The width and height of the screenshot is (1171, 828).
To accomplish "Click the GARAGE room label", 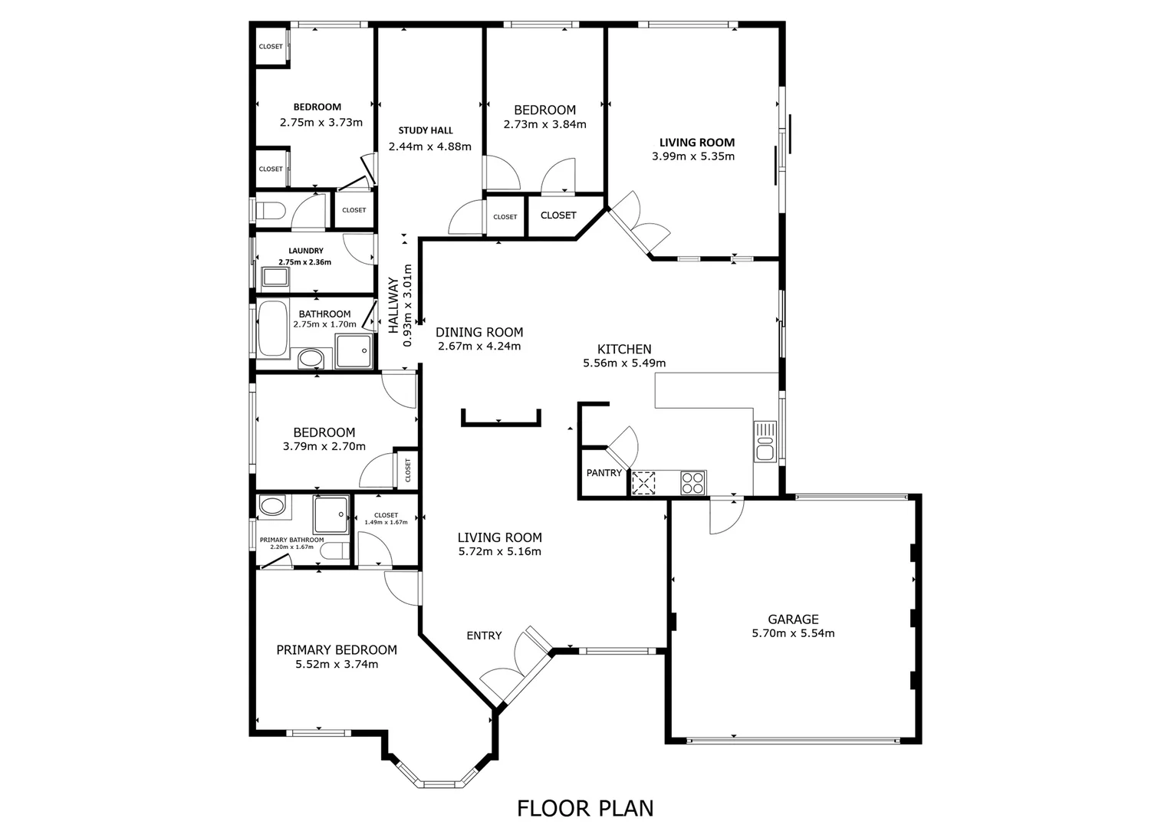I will [x=793, y=619].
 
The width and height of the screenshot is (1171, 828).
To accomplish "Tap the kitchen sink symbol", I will [x=765, y=442].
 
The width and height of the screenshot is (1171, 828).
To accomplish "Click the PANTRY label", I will [x=604, y=473].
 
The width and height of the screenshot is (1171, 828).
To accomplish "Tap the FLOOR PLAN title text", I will [x=585, y=808].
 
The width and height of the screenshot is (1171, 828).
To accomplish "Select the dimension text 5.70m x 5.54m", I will [x=793, y=633].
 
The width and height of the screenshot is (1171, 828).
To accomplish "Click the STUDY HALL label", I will [x=426, y=130].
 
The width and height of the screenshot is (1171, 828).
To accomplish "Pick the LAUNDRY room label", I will [x=305, y=251].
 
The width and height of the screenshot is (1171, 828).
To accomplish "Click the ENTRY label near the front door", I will [x=484, y=636].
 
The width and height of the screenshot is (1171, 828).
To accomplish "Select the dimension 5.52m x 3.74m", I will [x=337, y=665].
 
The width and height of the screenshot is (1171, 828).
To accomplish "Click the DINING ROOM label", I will [x=479, y=332].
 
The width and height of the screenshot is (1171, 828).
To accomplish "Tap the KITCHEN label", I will [x=625, y=350].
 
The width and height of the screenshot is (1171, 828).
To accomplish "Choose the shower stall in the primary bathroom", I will [x=331, y=515].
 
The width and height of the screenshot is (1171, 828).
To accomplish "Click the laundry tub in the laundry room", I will [x=274, y=277].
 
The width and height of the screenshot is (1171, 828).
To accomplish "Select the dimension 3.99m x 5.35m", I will [x=693, y=156].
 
